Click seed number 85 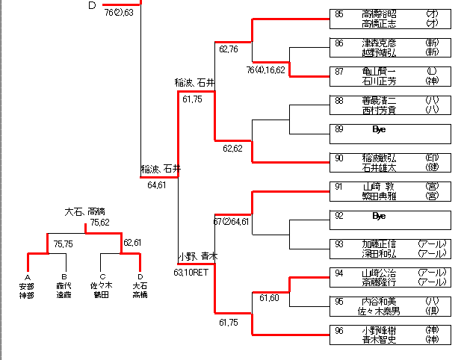click(x=339, y=14)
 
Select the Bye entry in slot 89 click(x=378, y=129)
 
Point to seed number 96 click(x=339, y=330)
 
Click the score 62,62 click(x=232, y=149)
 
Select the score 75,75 click(x=63, y=243)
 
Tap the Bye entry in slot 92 click(x=378, y=215)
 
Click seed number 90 click(x=339, y=158)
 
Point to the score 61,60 click(x=269, y=298)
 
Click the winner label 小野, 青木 click(x=197, y=256)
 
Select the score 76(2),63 click(x=119, y=13)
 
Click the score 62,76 click(x=229, y=50)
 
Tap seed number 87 click(x=339, y=72)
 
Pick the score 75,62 click(x=100, y=223)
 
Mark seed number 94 click(x=339, y=273)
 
